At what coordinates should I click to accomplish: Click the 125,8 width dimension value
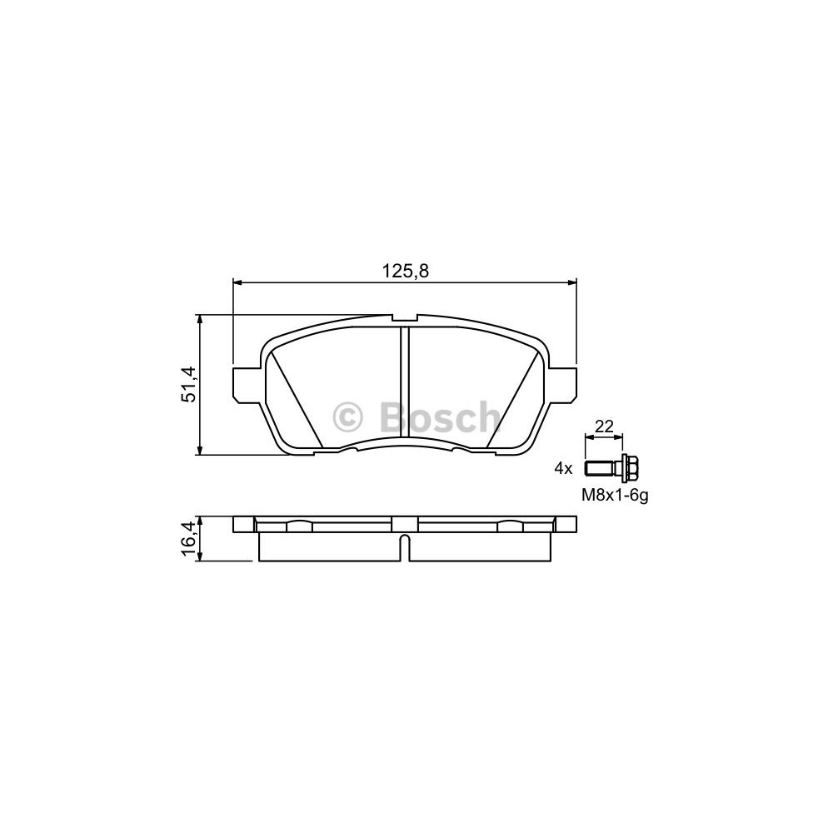pos(406,272)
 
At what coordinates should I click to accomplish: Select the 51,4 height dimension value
pos(188,384)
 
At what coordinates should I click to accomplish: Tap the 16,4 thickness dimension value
pos(188,538)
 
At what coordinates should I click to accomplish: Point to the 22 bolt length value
pos(604,426)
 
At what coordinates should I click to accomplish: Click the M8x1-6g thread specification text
pos(616,496)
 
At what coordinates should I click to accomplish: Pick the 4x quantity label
pos(563,468)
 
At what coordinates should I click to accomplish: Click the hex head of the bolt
pos(627,468)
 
